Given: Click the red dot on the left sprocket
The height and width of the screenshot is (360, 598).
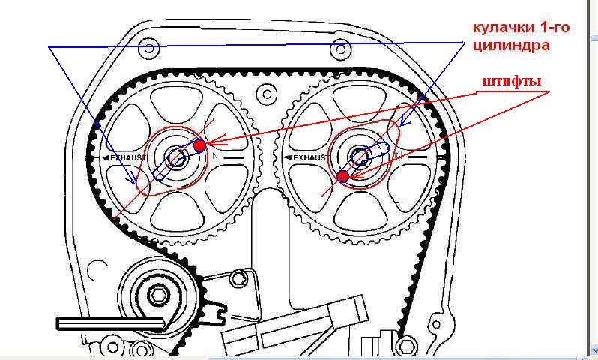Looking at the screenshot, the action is (199, 145).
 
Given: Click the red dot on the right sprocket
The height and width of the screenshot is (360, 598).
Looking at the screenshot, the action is (343, 176).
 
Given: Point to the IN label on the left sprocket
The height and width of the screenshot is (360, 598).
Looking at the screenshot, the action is (214, 156).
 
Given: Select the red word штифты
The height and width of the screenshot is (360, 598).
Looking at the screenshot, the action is (512, 82).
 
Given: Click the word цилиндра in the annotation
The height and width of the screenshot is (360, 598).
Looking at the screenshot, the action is (511, 46).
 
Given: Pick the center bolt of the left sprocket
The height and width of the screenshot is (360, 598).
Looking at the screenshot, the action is (177, 157).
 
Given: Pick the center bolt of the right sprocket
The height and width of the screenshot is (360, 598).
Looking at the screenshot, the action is (359, 157).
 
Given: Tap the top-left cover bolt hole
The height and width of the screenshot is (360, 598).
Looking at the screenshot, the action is (148, 49).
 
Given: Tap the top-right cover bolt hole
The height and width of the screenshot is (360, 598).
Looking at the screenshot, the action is (340, 49).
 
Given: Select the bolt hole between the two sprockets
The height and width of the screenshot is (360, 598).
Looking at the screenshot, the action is (267, 94).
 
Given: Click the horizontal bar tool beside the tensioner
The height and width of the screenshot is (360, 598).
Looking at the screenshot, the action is (111, 323).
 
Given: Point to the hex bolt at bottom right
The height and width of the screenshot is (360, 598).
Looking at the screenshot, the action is (407, 346).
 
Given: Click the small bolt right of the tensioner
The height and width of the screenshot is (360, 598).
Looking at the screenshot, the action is (238, 278).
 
